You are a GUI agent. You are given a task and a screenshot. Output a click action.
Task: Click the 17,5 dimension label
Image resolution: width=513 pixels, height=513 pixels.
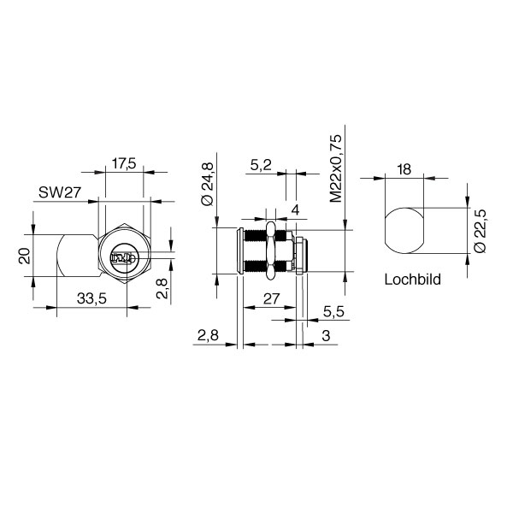(x=124, y=163)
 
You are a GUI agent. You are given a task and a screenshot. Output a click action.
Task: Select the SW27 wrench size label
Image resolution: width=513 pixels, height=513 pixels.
(x=59, y=192)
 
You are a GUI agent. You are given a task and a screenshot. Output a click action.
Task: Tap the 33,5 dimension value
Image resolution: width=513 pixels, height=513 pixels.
(x=91, y=298)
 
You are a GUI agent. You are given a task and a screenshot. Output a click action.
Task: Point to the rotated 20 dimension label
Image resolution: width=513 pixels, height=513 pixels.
(x=26, y=256)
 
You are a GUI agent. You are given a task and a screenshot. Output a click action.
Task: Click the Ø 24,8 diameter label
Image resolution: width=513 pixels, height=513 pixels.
(x=207, y=184)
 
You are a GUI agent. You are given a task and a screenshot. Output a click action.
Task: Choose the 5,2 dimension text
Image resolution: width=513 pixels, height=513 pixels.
(x=261, y=166)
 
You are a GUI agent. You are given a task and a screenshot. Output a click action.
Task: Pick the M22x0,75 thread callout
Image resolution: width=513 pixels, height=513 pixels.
(x=336, y=168)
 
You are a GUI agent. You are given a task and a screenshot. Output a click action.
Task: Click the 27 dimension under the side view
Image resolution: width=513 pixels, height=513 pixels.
(x=272, y=298)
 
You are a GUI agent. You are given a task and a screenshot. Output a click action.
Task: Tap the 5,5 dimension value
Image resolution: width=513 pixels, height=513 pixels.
(x=333, y=312)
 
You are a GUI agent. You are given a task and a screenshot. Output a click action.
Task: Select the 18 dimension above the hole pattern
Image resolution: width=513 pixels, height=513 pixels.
(x=404, y=170)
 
